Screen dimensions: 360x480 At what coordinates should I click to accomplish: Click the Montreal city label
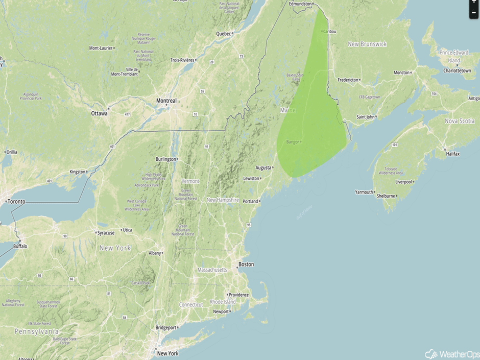[x=166, y=101]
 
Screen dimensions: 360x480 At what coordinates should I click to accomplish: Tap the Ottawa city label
[x=99, y=113]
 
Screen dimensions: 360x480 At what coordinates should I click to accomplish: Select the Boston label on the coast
[x=246, y=265]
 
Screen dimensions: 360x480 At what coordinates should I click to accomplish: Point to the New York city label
[x=167, y=353]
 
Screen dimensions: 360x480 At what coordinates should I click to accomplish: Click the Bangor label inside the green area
[x=293, y=141]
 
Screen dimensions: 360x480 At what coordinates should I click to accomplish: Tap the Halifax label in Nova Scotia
[x=452, y=154]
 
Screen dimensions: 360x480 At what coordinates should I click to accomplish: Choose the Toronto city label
[x=16, y=202]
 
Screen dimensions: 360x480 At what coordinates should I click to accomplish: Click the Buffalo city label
[x=20, y=246]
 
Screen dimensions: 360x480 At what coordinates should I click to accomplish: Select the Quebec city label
[x=223, y=34]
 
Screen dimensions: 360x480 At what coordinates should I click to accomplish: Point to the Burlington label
[x=165, y=159]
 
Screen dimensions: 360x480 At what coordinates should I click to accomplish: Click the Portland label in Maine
[x=250, y=201]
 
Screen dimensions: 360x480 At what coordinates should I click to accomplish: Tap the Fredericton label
[x=348, y=80]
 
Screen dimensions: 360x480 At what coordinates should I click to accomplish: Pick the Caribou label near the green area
[x=329, y=31]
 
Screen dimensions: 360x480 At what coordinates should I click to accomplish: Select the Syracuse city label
[x=106, y=233]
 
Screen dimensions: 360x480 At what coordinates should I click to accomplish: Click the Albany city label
[x=155, y=253]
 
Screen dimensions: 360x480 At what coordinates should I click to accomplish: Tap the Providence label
[x=238, y=295]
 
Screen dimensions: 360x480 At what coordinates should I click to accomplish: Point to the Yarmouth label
[x=364, y=193]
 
